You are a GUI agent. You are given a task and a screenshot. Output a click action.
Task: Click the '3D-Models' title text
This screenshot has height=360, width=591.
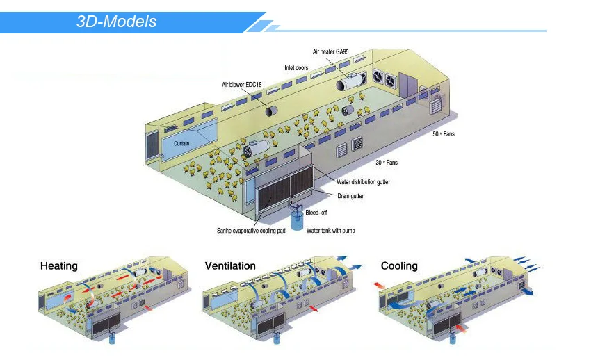click(x=116, y=22)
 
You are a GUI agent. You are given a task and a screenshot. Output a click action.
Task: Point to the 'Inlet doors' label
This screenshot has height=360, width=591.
click(x=297, y=68)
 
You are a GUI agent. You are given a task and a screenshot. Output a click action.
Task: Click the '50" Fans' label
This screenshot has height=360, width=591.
click(x=444, y=133)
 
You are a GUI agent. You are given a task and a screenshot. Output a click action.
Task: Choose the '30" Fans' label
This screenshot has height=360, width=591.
click(x=387, y=163)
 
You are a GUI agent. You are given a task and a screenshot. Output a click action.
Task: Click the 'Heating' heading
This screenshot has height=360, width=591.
click(x=59, y=266)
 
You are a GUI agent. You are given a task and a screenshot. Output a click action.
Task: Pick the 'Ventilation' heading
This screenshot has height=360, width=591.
click(x=230, y=266)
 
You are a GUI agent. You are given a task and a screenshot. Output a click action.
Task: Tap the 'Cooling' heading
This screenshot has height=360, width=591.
click(x=399, y=266)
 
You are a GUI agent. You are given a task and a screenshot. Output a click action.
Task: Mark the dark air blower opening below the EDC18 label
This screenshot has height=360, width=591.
click(x=269, y=111)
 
